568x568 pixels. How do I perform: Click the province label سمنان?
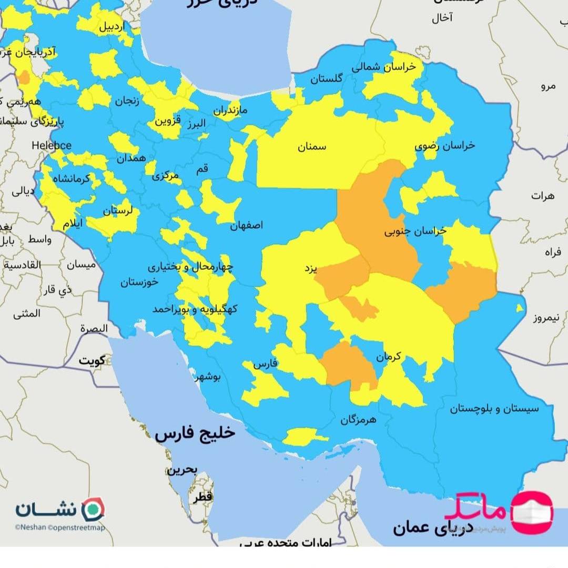[312, 147]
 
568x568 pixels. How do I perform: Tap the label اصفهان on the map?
[246, 225]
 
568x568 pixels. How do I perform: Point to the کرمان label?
[388, 357]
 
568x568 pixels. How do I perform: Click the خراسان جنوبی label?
[415, 231]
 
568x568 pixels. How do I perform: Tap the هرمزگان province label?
[358, 420]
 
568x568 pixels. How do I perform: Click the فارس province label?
[265, 364]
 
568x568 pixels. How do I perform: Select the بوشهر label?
[209, 377]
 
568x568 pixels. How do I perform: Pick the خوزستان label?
[139, 282]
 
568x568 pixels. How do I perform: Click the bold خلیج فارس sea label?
[195, 434]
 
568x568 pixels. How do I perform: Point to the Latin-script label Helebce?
[52, 145]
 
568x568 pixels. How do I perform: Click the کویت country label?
[92, 361]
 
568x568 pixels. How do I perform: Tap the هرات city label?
[542, 196]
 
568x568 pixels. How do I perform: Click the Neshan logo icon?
[95, 509]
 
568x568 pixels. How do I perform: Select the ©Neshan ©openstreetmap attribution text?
[59, 528]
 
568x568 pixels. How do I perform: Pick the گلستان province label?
[326, 79]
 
